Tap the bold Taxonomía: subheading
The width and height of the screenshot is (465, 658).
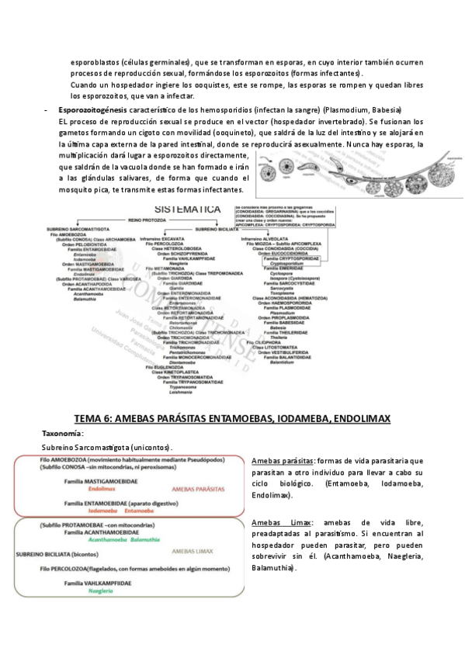click(x=63, y=433)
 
